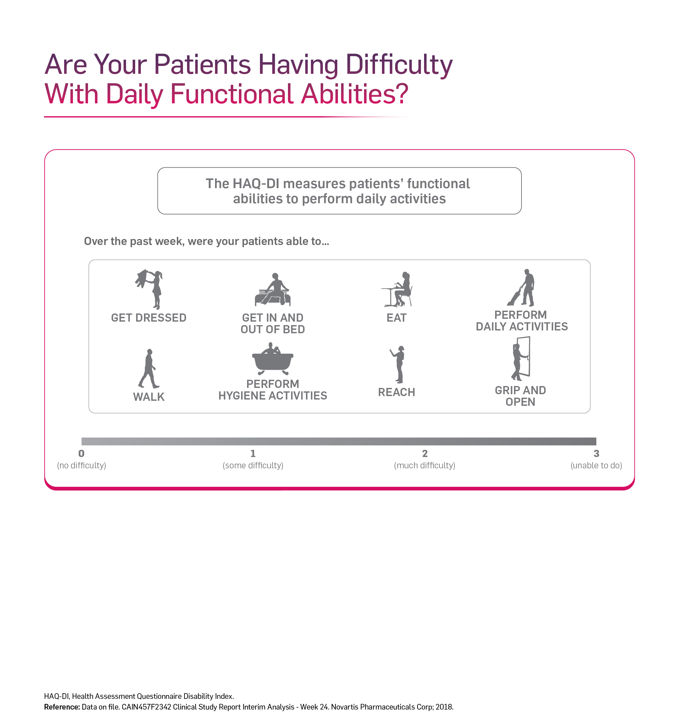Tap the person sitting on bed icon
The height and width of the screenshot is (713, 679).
pyautogui.click(x=273, y=290)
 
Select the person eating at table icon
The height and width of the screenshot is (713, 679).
pyautogui.click(x=397, y=289)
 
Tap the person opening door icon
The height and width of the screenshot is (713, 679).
pyautogui.click(x=521, y=358)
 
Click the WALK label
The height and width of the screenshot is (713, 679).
pyautogui.click(x=149, y=397)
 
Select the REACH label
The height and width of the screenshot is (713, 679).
pyautogui.click(x=396, y=392)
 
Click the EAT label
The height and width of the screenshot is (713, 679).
pyautogui.click(x=396, y=318)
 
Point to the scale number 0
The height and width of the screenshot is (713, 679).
pyautogui.click(x=81, y=453)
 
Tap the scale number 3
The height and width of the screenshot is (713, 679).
pyautogui.click(x=596, y=453)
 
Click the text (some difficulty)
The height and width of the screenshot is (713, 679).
pyautogui.click(x=253, y=465)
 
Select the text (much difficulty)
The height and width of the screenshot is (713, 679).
pyautogui.click(x=425, y=465)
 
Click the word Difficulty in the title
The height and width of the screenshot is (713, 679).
pyautogui.click(x=399, y=65)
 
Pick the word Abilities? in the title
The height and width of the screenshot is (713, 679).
pyautogui.click(x=355, y=94)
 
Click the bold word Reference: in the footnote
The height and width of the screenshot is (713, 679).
pyautogui.click(x=62, y=707)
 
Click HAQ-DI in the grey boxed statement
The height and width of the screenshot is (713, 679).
pyautogui.click(x=256, y=184)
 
